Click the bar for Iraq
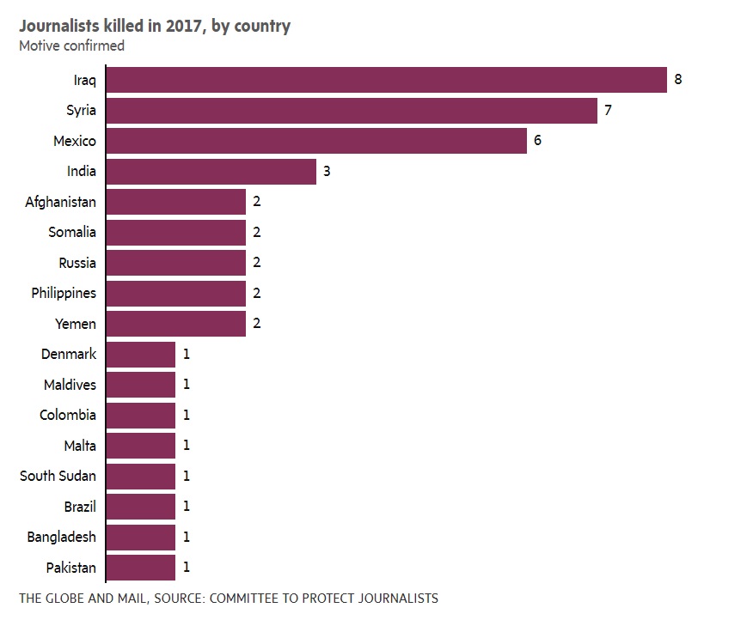coord(387,80)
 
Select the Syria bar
coord(352,111)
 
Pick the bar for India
coord(211,172)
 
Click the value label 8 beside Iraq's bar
coord(678,80)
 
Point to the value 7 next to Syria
coord(608,111)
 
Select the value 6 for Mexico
coord(537,141)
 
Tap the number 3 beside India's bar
coord(327,172)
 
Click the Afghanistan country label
coord(61,202)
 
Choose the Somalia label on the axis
coord(72,232)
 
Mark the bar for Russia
coord(176,263)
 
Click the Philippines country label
coord(64,293)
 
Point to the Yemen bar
coord(176,324)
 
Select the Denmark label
coord(69,354)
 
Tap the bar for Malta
coord(141,446)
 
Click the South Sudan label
coord(58,476)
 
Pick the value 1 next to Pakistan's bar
coord(186,568)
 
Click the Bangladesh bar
coord(141,537)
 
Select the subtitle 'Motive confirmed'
coord(71,46)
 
